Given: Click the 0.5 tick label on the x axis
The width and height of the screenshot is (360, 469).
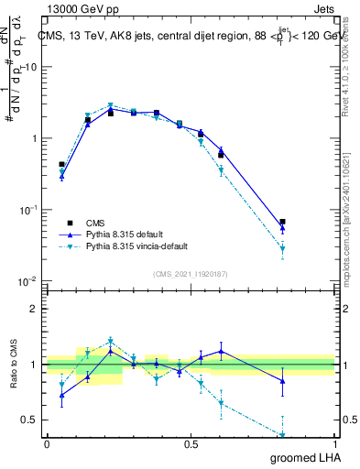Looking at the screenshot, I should tap(191, 443).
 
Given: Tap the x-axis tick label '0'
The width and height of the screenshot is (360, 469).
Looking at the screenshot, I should tap(47, 443).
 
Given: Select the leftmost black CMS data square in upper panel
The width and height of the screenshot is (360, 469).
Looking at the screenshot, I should tap(61, 165).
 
